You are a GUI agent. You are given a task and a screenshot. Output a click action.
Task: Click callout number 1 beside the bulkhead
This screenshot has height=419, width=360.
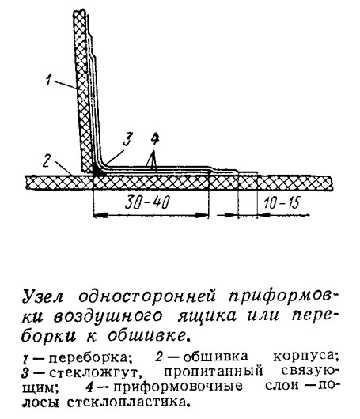coord(49,79)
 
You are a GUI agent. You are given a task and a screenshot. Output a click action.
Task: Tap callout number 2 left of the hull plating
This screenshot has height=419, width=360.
coord(46,160)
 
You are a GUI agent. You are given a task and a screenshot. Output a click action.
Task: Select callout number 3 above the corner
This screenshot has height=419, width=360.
coord(127,139)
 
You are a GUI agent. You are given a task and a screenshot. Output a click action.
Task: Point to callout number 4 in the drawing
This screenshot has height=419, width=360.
coord(154,139)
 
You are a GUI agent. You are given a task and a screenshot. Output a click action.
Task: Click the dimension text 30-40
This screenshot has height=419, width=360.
coord(147,203)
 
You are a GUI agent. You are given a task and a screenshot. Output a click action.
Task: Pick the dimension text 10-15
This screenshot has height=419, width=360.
coord(282,203)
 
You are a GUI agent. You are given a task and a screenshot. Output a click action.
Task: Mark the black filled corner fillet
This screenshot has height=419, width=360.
coord(97,169)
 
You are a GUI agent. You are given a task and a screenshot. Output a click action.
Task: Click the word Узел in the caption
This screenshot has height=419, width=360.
coord(43,297)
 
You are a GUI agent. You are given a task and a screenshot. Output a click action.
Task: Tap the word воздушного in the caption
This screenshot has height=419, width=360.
coord(108,316)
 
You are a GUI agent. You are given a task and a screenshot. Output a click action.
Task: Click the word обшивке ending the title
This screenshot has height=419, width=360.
coord(147,335)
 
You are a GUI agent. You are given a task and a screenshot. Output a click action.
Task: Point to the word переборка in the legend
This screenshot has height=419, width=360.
coord(90,357)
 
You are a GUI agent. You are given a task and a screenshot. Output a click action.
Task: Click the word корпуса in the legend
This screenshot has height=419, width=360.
coord(305,357)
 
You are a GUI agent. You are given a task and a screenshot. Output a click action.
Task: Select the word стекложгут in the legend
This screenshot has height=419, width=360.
coord(96,372)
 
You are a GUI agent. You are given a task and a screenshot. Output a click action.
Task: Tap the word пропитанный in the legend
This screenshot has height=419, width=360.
coord(213,372)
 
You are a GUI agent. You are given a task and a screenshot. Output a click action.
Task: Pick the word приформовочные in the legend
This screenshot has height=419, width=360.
coord(178,387)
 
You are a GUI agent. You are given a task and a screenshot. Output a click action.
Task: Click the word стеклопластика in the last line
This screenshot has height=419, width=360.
coord(128,401)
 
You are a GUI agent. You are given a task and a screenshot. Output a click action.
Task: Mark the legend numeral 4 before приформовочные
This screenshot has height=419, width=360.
coord(90,387)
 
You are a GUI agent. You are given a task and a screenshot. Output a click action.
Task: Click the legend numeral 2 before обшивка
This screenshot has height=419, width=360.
coord(159,357)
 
